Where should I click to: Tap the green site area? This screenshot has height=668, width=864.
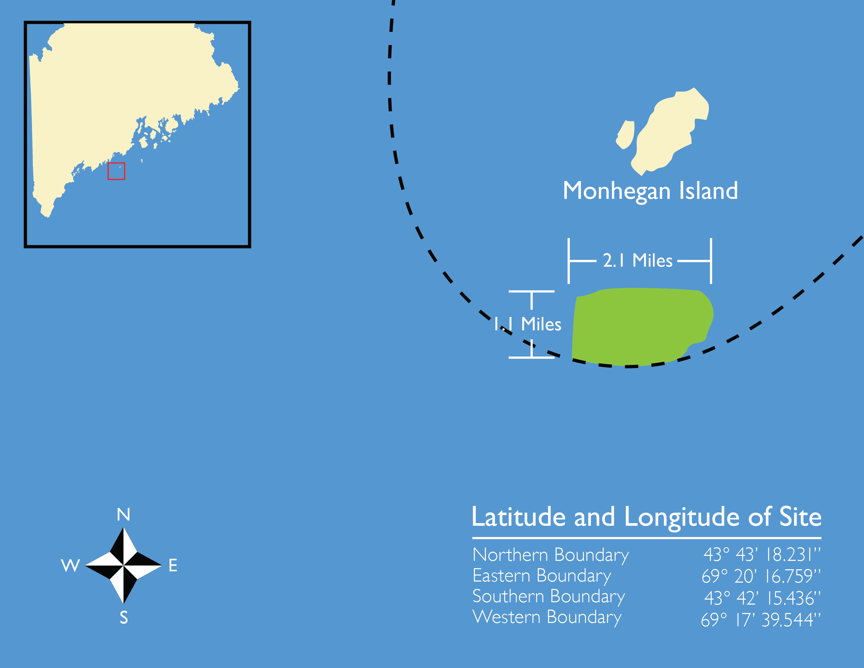click(x=641, y=326)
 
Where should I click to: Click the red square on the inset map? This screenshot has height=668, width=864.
click(x=116, y=171)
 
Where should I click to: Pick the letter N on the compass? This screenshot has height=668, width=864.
click(x=123, y=514)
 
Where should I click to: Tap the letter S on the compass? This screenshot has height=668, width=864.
click(x=124, y=617)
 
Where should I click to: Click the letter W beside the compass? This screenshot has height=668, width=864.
click(x=70, y=566)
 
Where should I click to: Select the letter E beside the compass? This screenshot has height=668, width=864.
click(x=173, y=566)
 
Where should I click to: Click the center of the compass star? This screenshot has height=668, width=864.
click(x=123, y=566)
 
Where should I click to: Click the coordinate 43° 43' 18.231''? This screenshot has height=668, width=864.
click(x=762, y=555)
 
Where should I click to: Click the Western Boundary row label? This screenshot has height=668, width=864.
click(x=547, y=618)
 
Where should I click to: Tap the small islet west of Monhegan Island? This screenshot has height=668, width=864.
click(x=625, y=135)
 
